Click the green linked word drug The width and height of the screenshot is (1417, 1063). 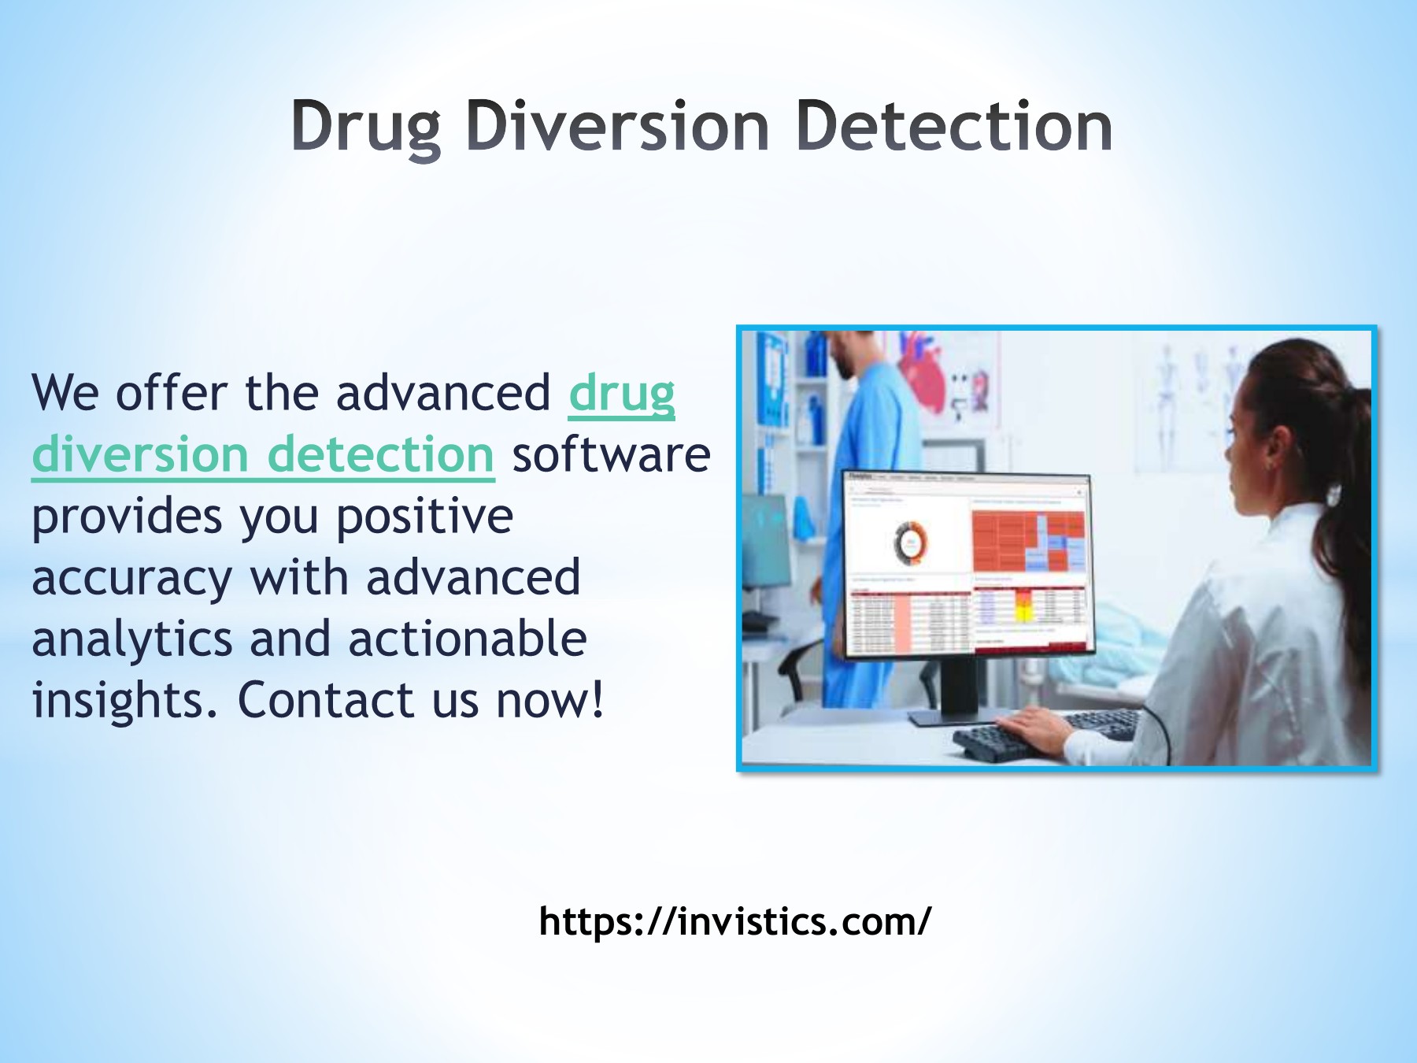tap(622, 394)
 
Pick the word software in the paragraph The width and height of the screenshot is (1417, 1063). tap(611, 455)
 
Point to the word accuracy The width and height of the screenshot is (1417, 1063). tap(131, 579)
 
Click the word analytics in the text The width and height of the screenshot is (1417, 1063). tap(131, 639)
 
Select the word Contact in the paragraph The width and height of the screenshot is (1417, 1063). tap(326, 701)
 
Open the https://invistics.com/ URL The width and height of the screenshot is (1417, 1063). tap(734, 921)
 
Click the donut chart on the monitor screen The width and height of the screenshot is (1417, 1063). tap(911, 543)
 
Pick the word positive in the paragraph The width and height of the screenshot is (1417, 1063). tap(425, 517)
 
